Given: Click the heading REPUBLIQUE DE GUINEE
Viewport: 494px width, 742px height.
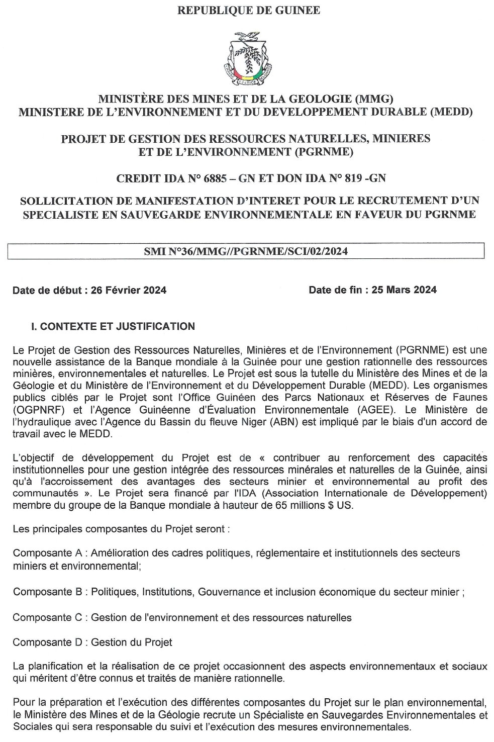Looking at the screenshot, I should (x=248, y=10).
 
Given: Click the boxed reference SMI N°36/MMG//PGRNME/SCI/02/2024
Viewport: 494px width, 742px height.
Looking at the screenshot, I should (x=246, y=251).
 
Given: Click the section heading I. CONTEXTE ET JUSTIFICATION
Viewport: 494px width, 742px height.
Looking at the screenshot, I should (x=113, y=326).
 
